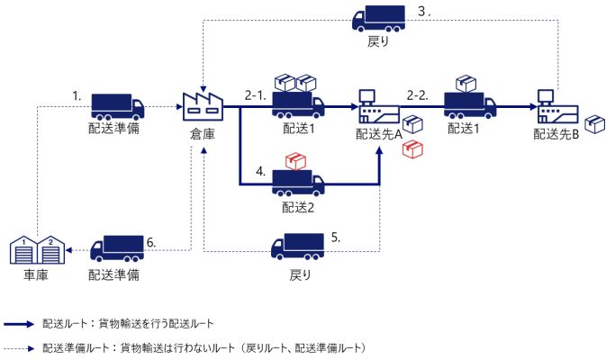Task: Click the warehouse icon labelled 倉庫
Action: click(x=201, y=105)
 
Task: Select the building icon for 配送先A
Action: click(x=377, y=111)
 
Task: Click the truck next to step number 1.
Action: click(x=116, y=105)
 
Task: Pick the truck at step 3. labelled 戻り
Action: click(x=378, y=20)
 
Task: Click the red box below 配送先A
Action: click(x=412, y=149)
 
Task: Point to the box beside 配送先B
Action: click(x=594, y=123)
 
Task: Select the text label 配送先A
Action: click(x=378, y=135)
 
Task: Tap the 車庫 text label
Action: click(x=35, y=274)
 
